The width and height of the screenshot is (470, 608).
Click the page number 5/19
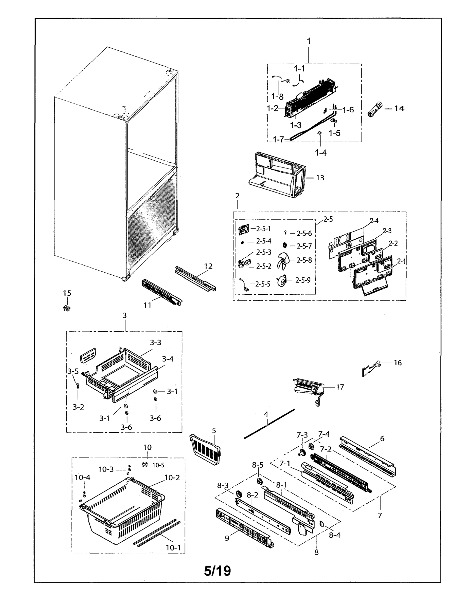217,571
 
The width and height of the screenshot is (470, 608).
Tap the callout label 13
320,178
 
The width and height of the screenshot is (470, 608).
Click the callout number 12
208,266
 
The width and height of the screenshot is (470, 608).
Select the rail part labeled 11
161,292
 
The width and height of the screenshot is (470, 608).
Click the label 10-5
158,465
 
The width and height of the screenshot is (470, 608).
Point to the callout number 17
340,387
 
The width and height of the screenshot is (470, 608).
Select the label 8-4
334,535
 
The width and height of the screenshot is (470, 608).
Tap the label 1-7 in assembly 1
278,140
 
